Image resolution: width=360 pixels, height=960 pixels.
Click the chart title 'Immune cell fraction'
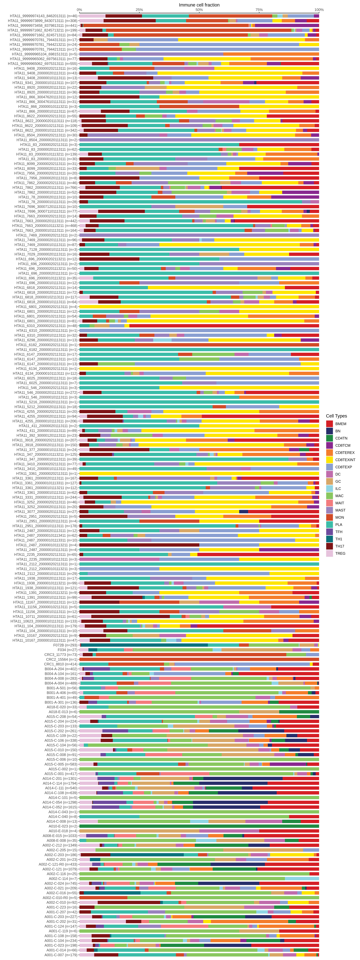coord(199,5)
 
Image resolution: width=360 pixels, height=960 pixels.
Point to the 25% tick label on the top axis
coord(139,10)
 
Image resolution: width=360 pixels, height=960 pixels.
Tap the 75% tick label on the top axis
coord(259,10)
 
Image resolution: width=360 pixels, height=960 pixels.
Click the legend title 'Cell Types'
coord(336,416)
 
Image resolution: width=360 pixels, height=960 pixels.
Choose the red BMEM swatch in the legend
coord(329,424)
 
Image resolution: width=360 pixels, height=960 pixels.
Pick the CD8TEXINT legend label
coord(345,460)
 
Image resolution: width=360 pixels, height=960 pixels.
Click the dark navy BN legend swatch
coord(329,431)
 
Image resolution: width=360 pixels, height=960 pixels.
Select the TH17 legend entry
coord(339,546)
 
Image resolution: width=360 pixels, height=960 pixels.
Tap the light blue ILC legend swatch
coord(329,489)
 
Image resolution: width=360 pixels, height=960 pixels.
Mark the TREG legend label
coord(340,553)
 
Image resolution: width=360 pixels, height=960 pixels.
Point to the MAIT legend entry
coord(339,503)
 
